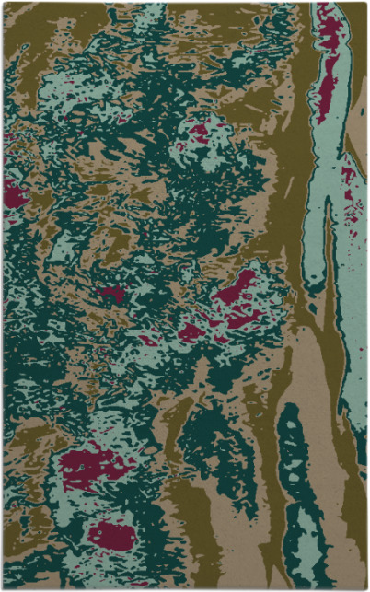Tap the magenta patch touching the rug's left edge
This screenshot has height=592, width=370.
[x=13, y=192]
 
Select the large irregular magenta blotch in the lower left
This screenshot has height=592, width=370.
[x=92, y=465]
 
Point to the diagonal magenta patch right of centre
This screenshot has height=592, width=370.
[x=237, y=287]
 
